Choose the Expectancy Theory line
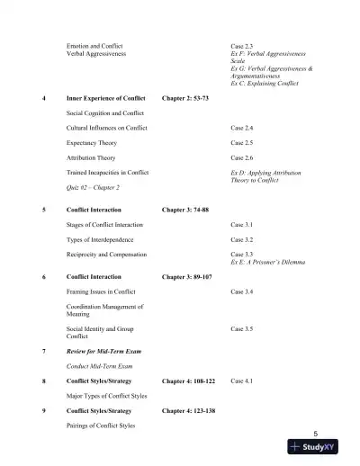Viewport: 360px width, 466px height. click(94, 142)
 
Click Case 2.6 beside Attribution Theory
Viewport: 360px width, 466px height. click(242, 157)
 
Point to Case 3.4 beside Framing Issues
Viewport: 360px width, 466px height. click(242, 292)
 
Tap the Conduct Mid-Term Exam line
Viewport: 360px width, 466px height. click(100, 367)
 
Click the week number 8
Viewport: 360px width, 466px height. click(44, 381)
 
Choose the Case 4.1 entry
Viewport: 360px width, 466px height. click(242, 381)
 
